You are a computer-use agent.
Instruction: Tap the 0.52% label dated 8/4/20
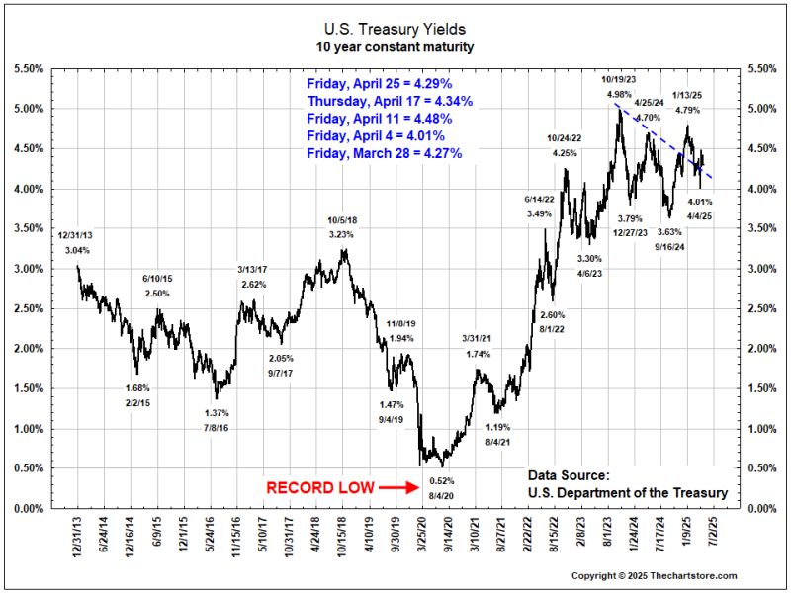441,480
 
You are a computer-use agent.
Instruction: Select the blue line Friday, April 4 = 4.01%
376,135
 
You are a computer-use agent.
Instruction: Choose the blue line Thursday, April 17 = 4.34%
390,101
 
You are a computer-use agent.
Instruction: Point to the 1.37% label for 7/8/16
217,413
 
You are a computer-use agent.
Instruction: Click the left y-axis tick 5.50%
28,68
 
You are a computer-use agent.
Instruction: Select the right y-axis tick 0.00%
765,508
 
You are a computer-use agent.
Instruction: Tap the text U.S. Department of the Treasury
628,493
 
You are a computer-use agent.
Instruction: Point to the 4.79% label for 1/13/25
687,110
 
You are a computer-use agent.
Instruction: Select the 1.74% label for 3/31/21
477,354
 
